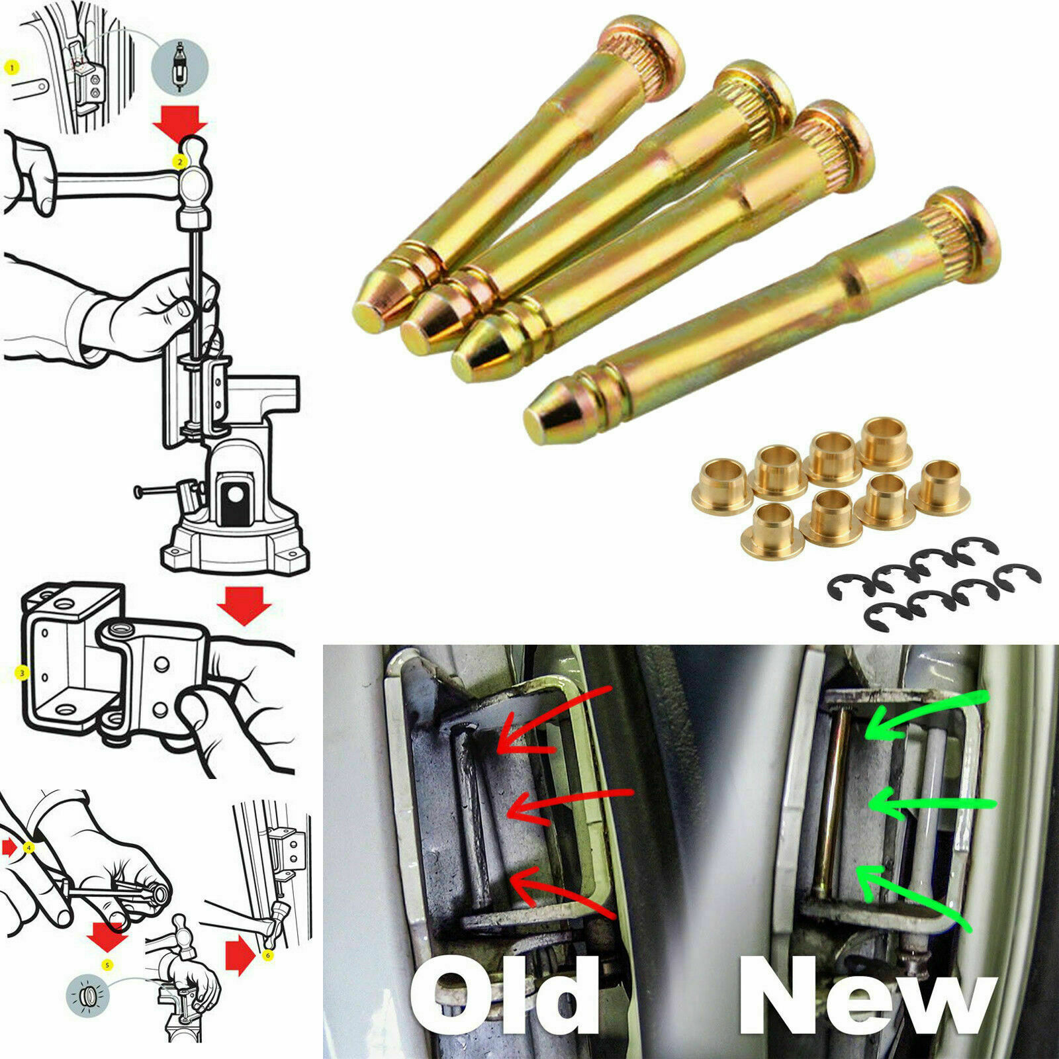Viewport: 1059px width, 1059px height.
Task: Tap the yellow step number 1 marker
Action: click(11, 67)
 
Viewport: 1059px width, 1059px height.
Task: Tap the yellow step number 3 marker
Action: click(22, 673)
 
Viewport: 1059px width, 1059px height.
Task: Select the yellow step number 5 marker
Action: click(107, 966)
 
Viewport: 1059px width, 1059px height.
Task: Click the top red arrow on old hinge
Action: click(549, 721)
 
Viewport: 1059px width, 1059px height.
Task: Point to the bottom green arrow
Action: click(913, 894)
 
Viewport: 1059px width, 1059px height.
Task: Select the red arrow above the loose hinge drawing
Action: click(245, 604)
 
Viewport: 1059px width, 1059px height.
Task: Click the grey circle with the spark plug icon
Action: click(179, 67)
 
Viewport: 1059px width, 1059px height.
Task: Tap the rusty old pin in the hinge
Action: click(471, 814)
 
